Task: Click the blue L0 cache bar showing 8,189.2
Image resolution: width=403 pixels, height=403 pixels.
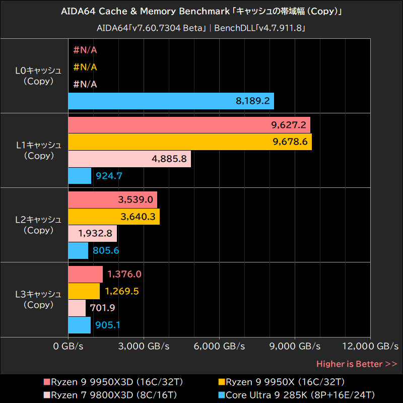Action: point(171,101)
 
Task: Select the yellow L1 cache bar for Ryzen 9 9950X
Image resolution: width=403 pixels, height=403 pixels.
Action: point(189,142)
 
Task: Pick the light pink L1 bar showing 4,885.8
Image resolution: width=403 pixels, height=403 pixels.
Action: point(129,159)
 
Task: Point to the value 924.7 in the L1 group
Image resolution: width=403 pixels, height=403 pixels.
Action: point(109,176)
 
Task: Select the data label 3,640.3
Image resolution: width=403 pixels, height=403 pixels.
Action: point(137,217)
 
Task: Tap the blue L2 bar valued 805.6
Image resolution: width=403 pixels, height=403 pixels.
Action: point(78,250)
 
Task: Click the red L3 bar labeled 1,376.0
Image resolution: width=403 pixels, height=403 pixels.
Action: point(85,275)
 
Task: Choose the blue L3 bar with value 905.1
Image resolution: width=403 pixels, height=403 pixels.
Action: point(79,325)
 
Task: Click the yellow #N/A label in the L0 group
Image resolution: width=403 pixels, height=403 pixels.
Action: point(85,67)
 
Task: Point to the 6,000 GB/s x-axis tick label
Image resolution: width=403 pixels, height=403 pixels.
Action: point(219,347)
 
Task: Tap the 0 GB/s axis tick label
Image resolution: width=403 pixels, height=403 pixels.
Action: point(68,347)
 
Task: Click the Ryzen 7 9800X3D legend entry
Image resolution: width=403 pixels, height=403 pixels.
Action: point(110,394)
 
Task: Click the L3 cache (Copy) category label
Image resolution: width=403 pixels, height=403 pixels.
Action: point(38,299)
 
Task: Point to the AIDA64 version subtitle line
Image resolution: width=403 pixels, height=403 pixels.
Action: point(201,28)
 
